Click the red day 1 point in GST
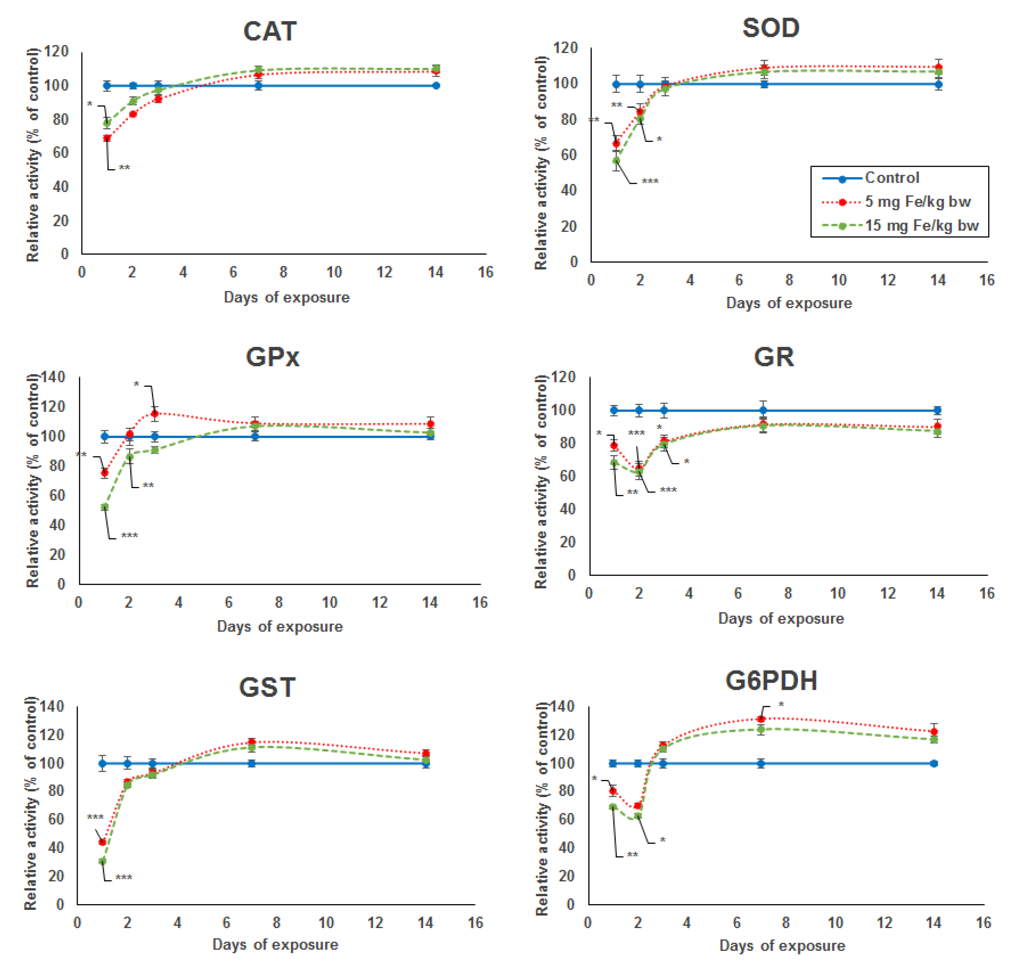pyautogui.click(x=102, y=842)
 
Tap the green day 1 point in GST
pyautogui.click(x=102, y=861)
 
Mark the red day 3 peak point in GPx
pyautogui.click(x=154, y=414)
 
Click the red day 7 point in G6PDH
pyautogui.click(x=761, y=719)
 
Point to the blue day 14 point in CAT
pyautogui.click(x=436, y=86)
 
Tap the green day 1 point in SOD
pyautogui.click(x=616, y=161)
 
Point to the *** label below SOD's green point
pyautogui.click(x=650, y=181)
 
